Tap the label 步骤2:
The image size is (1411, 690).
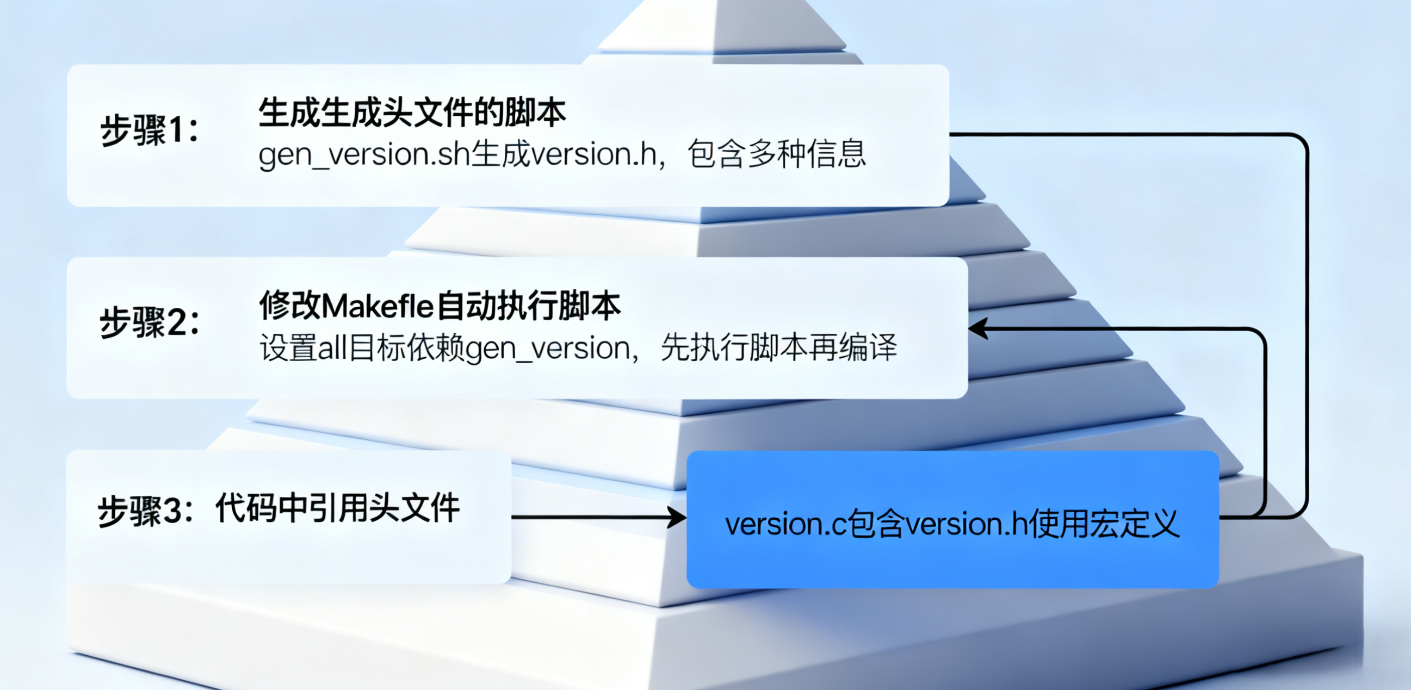[149, 323]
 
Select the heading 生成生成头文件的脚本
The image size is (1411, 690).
[412, 113]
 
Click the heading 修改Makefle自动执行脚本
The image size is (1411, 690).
[440, 306]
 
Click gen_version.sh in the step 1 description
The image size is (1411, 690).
[364, 155]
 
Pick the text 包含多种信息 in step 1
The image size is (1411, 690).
[777, 154]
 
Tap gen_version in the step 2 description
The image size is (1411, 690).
[547, 349]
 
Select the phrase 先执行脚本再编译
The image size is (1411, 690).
[779, 348]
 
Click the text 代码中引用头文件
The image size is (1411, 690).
[337, 508]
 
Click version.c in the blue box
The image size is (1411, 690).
[785, 525]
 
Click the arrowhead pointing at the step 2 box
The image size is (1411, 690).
[978, 328]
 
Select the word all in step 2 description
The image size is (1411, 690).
[332, 349]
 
